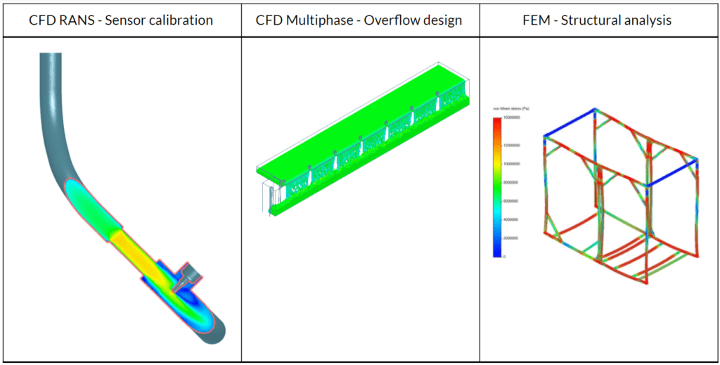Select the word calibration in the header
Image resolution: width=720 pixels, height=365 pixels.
coord(180,20)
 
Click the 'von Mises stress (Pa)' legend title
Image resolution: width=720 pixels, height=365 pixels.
coord(515,110)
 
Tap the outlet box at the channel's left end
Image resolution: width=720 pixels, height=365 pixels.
coord(269,197)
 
